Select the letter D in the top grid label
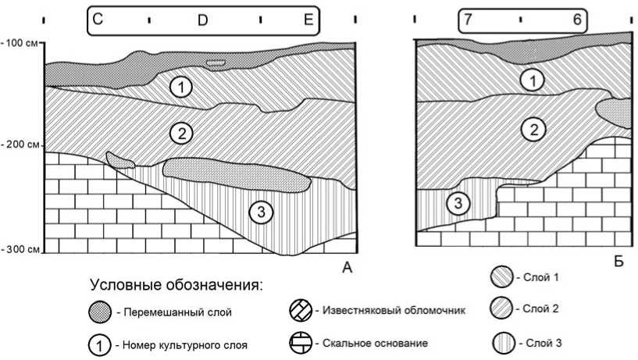tap(202, 21)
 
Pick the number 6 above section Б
tap(577, 20)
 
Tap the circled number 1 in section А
tap(180, 87)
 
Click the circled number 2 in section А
tap(180, 133)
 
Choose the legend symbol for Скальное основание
tap(301, 343)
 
